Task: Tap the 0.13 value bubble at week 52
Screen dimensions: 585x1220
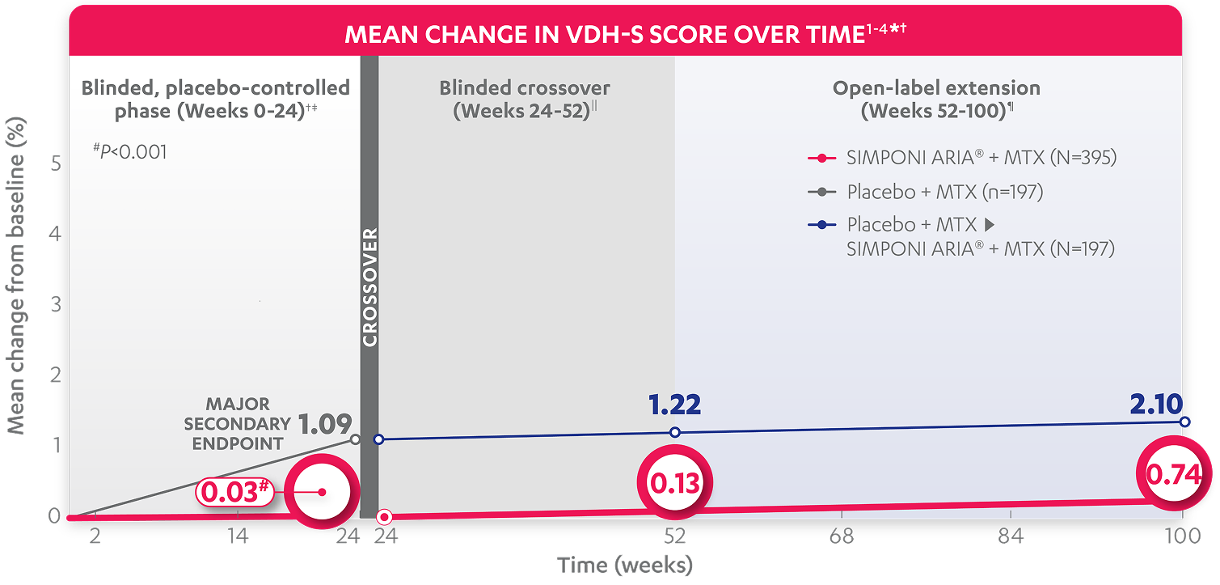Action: (x=674, y=482)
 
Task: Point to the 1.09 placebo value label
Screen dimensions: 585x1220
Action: (x=324, y=424)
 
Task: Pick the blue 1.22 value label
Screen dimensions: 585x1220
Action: (x=674, y=405)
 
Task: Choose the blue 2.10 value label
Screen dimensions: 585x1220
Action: (x=1156, y=404)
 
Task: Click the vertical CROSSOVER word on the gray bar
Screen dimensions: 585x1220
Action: (x=369, y=287)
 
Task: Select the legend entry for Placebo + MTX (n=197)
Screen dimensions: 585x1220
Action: (x=944, y=193)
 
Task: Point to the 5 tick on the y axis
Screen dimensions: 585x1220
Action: (x=56, y=163)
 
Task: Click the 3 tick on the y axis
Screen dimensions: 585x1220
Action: (x=56, y=304)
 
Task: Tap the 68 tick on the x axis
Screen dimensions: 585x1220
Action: (x=842, y=536)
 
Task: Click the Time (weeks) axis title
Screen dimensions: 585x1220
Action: (x=625, y=564)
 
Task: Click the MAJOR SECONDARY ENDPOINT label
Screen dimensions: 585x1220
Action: (x=237, y=423)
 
